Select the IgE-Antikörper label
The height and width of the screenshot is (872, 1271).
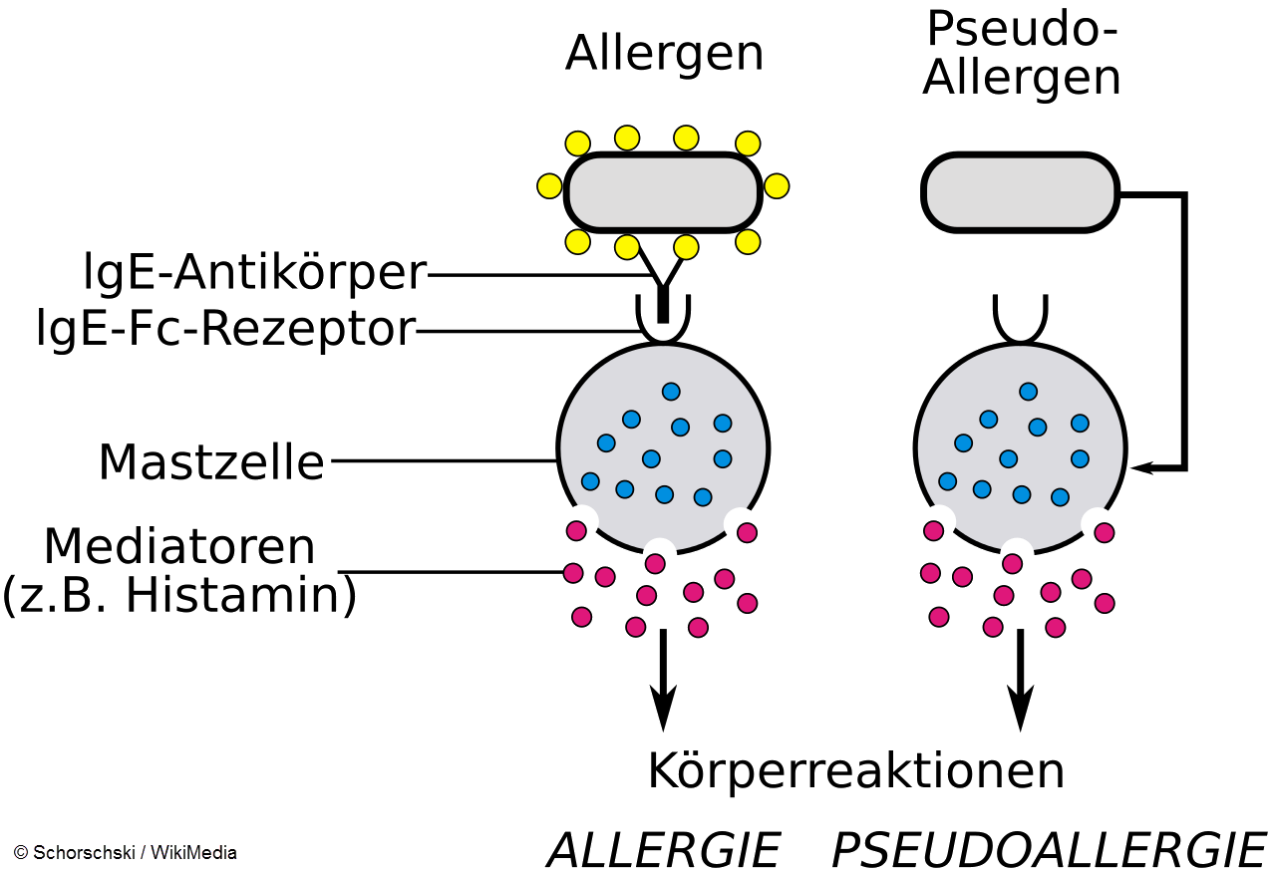(255, 273)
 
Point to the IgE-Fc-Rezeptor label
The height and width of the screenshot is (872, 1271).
(225, 330)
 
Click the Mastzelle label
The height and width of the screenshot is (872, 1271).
(211, 462)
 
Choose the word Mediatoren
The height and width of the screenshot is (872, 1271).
(179, 546)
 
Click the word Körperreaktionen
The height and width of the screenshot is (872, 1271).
(855, 770)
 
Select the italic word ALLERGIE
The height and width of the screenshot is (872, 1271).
(663, 850)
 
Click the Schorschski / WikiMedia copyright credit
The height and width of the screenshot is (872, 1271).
(126, 853)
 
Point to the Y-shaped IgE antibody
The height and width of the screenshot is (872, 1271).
(663, 284)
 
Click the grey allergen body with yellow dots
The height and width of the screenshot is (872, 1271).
(662, 190)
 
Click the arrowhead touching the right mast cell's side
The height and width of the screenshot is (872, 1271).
(1141, 466)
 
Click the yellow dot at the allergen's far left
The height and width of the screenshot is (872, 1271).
(549, 186)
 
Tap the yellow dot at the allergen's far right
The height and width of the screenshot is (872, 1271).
(777, 186)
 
